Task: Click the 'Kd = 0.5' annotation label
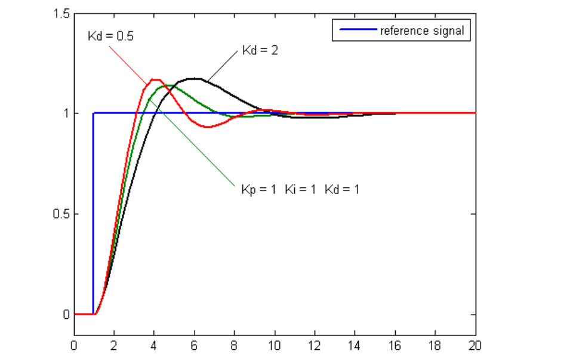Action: pos(110,35)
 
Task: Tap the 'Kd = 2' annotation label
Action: pos(260,50)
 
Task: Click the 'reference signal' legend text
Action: pos(422,30)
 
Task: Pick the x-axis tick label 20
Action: pos(475,345)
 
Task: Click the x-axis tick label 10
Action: pos(275,345)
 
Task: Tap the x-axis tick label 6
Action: pos(195,345)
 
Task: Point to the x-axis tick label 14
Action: pos(355,345)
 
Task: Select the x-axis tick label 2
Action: pos(114,345)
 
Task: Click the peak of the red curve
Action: pos(156,79)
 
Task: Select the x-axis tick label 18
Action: pos(435,345)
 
